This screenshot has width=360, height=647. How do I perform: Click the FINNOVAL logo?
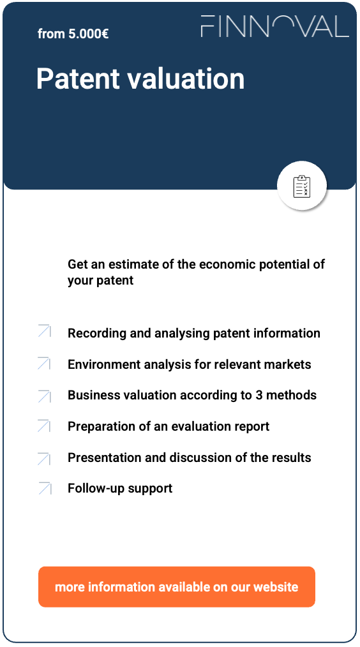pos(274,26)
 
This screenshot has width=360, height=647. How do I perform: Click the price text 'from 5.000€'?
pos(73,34)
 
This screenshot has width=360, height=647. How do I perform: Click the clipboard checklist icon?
pos(301,186)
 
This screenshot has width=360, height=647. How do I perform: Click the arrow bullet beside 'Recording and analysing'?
pos(44,331)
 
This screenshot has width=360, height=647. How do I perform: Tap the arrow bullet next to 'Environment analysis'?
pos(44,362)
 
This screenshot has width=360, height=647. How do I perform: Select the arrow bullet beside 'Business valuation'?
pos(44,396)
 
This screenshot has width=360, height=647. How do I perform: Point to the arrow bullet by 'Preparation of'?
pos(44,426)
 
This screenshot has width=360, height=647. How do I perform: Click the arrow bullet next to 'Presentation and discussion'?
pos(44,457)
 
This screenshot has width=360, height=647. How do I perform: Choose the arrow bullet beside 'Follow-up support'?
pos(44,488)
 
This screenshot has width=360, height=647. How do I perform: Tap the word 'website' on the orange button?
pos(276,586)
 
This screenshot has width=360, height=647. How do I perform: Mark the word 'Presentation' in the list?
pos(105,457)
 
